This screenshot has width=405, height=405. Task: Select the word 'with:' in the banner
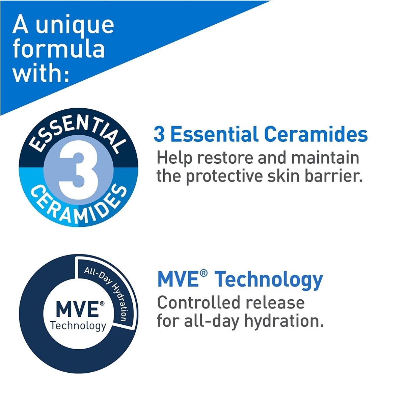(41, 74)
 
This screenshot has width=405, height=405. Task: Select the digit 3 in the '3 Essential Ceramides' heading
(159, 135)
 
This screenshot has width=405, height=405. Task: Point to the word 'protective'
(224, 177)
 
